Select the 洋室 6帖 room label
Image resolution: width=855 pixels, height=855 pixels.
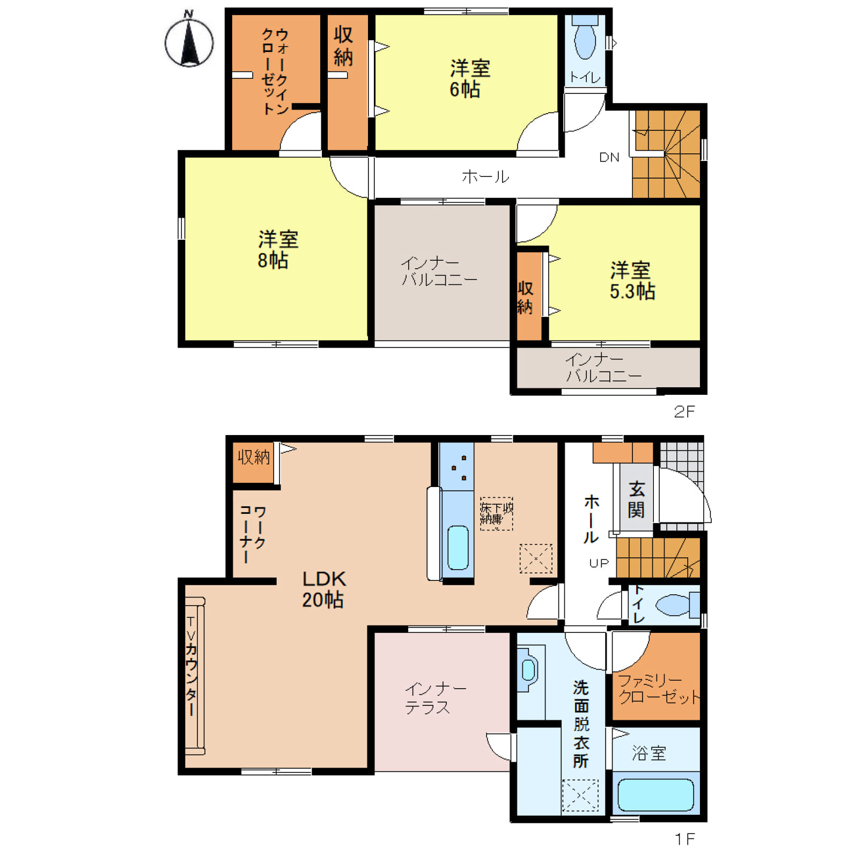click(x=469, y=79)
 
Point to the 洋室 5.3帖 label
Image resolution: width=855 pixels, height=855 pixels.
click(x=632, y=281)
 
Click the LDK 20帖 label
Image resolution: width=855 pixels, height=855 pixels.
click(x=323, y=589)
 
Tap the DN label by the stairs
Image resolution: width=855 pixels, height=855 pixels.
click(x=609, y=157)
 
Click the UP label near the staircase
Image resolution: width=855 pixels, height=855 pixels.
click(x=599, y=563)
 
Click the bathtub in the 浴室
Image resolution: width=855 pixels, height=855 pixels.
click(x=655, y=795)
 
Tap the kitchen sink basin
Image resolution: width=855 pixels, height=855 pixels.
click(x=458, y=548)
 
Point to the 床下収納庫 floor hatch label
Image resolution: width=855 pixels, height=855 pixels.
click(x=496, y=513)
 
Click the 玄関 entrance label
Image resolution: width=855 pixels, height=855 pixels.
click(x=636, y=499)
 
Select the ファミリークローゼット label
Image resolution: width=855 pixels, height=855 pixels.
click(x=659, y=689)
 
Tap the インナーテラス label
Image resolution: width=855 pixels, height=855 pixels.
click(x=435, y=698)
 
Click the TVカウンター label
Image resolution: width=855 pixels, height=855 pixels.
click(x=191, y=666)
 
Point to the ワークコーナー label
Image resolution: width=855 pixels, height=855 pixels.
click(x=253, y=534)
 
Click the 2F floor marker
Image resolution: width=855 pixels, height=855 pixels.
click(x=684, y=411)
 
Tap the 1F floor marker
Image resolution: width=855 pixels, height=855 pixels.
click(x=684, y=838)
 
